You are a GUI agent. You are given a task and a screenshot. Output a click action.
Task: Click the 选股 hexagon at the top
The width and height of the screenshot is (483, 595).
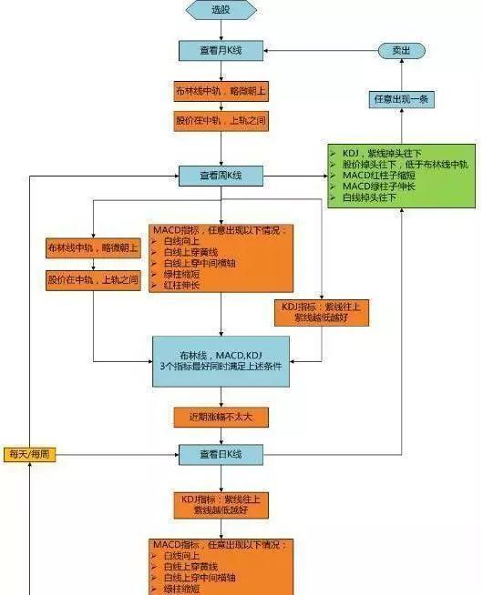click(221, 10)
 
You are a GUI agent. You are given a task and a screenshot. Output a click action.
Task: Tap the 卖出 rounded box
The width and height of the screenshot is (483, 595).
click(401, 52)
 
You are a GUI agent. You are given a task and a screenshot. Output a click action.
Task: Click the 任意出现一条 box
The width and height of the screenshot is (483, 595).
click(401, 98)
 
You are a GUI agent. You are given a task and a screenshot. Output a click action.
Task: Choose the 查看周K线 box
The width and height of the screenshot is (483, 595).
click(221, 175)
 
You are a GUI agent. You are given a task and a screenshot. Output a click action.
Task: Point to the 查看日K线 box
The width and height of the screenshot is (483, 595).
click(221, 454)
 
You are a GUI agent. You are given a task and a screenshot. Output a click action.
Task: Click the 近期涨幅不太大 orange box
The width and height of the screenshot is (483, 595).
click(221, 417)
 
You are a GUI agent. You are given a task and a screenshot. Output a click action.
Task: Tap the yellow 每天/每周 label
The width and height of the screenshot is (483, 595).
click(30, 454)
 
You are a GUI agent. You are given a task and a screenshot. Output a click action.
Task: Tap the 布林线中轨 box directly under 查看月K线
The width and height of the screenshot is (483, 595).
click(221, 92)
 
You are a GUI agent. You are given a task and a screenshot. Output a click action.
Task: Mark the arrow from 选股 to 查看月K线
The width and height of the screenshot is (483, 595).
click(221, 29)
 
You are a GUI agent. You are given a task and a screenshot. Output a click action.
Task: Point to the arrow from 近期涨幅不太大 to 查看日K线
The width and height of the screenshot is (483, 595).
click(221, 436)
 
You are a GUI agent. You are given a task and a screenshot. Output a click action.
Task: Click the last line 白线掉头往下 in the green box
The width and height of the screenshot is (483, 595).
click(374, 197)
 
